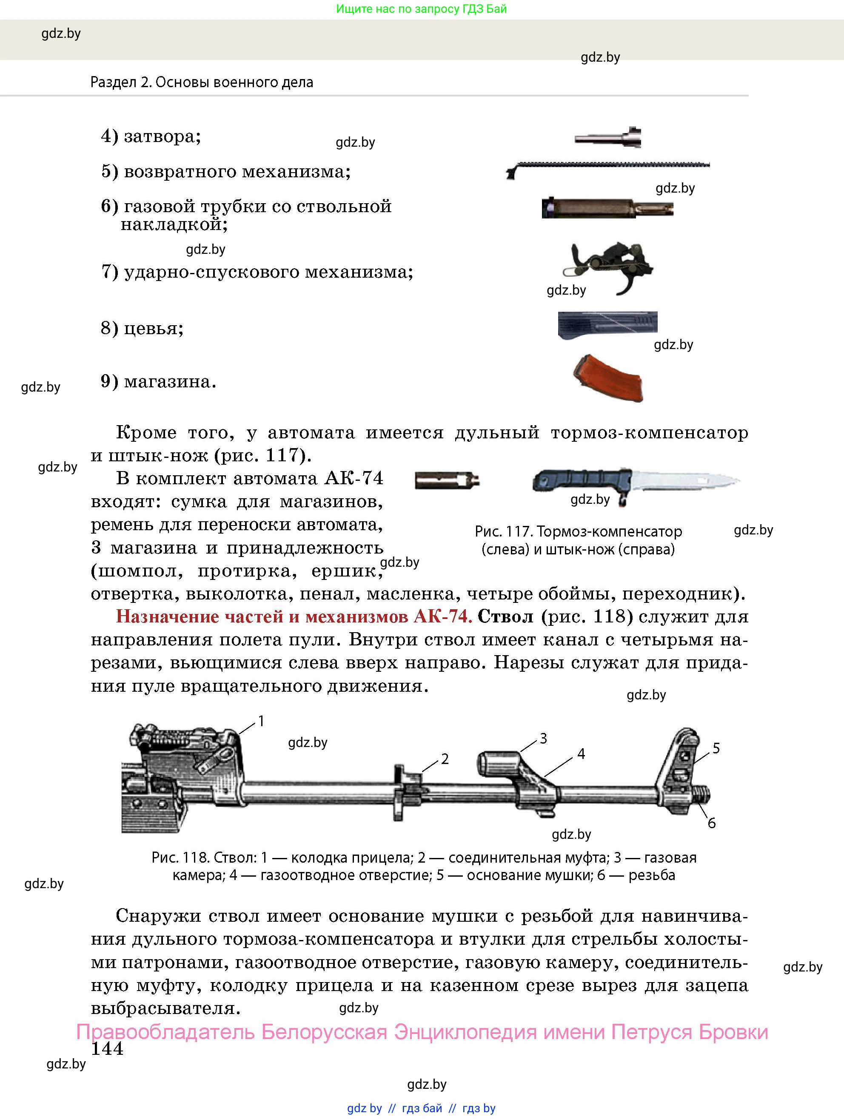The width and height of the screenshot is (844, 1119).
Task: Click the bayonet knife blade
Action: point(684,480)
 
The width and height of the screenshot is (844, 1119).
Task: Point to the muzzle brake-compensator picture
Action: point(447,480)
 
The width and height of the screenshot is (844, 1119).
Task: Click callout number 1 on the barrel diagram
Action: point(261,721)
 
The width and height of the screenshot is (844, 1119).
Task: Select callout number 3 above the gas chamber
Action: point(543,738)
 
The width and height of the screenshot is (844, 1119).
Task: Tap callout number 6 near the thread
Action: point(712,824)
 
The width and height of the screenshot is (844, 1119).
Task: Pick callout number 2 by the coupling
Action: point(445,759)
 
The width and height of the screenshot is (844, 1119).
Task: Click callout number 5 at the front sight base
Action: point(716,748)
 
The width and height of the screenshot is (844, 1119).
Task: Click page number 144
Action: point(107,1049)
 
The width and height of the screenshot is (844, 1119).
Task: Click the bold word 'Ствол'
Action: point(505,616)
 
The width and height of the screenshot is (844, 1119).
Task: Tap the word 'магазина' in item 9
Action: point(170,381)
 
